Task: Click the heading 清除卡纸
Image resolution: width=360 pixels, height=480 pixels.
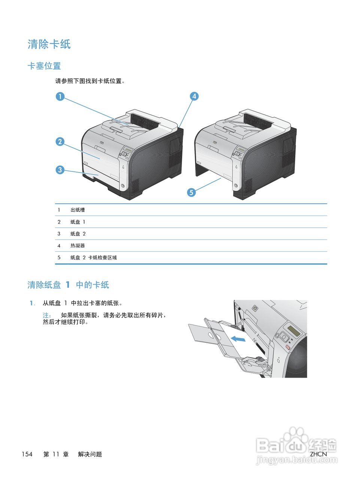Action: pyautogui.click(x=49, y=44)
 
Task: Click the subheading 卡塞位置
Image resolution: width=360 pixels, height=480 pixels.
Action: pyautogui.click(x=44, y=66)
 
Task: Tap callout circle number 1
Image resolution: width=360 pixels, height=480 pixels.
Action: pyautogui.click(x=60, y=96)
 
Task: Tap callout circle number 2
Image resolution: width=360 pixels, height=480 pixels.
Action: pyautogui.click(x=60, y=142)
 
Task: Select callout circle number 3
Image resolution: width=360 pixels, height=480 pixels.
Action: pyautogui.click(x=60, y=170)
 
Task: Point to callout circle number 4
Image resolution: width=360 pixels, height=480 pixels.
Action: pyautogui.click(x=194, y=96)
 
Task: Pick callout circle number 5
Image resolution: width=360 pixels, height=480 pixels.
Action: pyautogui.click(x=191, y=192)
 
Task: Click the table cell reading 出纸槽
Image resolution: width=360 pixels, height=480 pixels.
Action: pyautogui.click(x=78, y=210)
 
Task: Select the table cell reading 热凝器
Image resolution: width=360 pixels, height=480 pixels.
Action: pyautogui.click(x=78, y=246)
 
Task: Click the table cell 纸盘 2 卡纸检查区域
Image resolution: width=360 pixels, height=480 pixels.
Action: pyautogui.click(x=94, y=258)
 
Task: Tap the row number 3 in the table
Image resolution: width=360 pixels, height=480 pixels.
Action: pyautogui.click(x=59, y=234)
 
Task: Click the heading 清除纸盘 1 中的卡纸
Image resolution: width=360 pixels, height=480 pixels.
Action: pyautogui.click(x=68, y=285)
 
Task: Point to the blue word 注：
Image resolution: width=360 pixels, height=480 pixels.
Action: pyautogui.click(x=47, y=315)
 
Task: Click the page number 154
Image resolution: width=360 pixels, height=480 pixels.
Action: pyautogui.click(x=27, y=454)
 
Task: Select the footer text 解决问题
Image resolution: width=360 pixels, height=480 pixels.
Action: pyautogui.click(x=90, y=454)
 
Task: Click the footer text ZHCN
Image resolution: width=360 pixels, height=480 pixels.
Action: pyautogui.click(x=318, y=454)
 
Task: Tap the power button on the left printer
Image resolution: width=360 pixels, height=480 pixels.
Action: pyautogui.click(x=122, y=186)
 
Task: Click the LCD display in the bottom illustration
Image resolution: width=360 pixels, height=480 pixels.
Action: pyautogui.click(x=293, y=331)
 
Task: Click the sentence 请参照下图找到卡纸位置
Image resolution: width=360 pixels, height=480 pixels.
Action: pyautogui.click(x=90, y=81)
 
